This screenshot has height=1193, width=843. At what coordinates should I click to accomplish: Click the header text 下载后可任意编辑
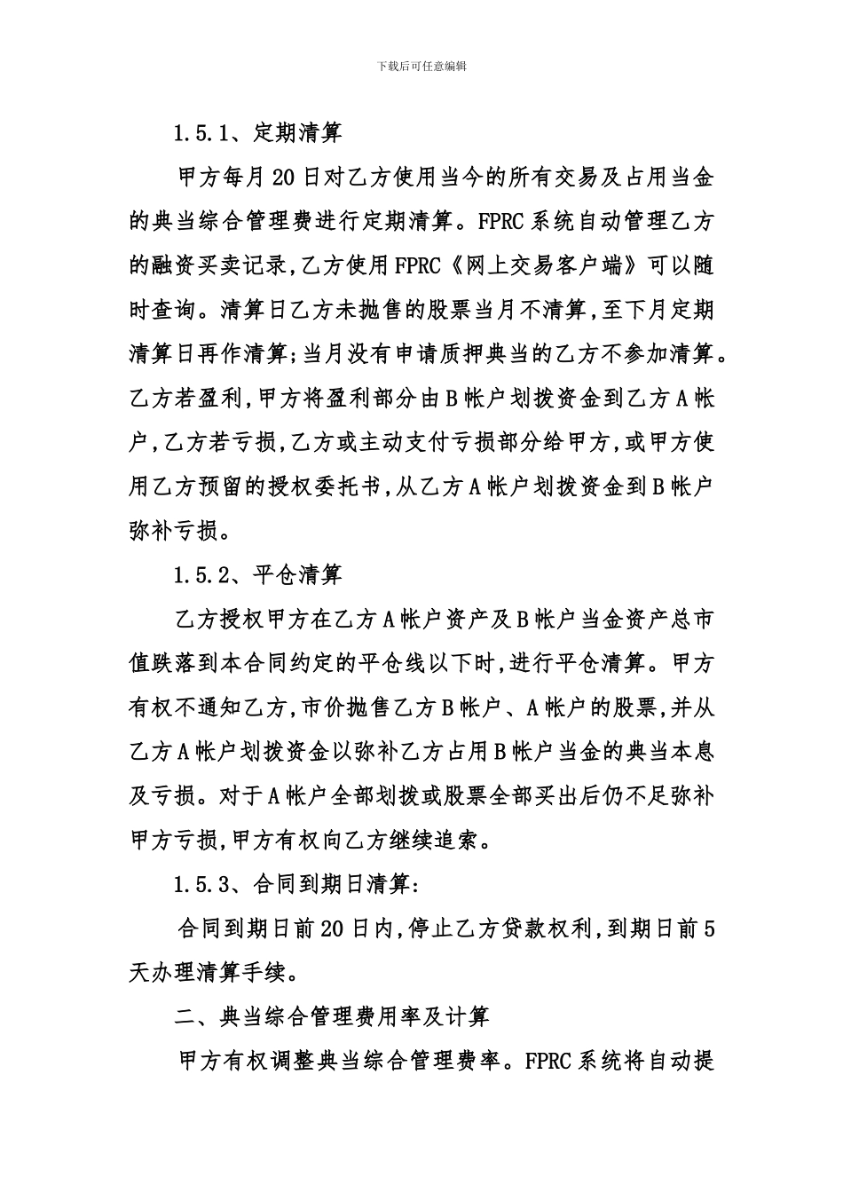tap(421, 66)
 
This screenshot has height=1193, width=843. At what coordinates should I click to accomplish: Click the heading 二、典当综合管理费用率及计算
tap(332, 1015)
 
